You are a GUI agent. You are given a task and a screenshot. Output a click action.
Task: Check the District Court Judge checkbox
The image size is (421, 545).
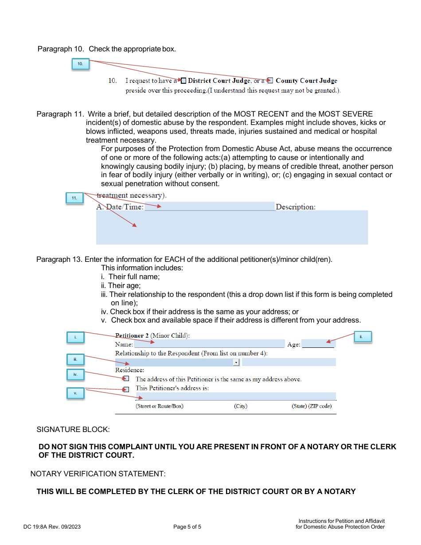[183, 81]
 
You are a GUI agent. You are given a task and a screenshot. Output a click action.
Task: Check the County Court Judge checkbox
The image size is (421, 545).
[270, 81]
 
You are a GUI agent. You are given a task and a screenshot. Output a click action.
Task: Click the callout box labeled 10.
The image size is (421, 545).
[80, 64]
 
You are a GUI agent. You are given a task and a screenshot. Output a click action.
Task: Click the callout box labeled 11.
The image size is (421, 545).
[74, 198]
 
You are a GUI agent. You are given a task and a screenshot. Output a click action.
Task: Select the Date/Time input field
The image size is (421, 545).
[210, 206]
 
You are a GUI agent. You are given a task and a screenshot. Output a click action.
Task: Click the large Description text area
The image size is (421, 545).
[232, 228]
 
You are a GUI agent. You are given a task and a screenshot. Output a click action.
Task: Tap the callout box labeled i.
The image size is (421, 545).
[75, 338]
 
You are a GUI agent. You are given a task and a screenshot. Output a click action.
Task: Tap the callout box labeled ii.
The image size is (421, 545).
[361, 337]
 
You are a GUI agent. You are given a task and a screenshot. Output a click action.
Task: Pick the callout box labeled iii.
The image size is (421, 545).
[75, 359]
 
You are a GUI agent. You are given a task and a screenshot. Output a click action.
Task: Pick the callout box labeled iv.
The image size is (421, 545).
[75, 375]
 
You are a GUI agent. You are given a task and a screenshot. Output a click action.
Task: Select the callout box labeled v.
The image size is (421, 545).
[75, 393]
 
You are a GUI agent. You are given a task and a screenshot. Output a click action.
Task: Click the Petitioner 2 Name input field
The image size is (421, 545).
[209, 344]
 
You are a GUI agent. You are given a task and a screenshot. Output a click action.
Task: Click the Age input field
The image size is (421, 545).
[318, 343]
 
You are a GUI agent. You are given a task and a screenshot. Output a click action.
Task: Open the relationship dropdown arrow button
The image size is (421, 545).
[236, 362]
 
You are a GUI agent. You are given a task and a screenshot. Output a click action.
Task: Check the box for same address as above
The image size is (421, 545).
[126, 379]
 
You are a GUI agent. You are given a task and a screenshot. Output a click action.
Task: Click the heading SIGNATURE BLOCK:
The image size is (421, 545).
[73, 429]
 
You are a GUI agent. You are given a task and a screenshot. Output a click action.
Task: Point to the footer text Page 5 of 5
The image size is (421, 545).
[187, 527]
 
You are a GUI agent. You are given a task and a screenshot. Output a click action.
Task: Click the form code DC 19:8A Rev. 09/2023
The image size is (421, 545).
[52, 527]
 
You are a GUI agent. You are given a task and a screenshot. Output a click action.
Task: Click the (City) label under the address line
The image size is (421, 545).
[241, 406]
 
